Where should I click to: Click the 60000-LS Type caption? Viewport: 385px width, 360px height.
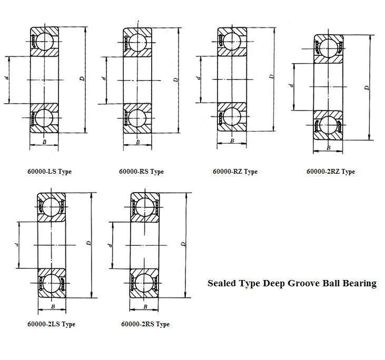click(50, 172)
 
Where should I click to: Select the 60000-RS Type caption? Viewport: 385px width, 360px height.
click(141, 172)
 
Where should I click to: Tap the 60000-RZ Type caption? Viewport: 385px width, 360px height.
click(235, 172)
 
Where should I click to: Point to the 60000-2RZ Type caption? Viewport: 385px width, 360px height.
click(331, 172)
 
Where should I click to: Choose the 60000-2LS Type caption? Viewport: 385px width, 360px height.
click(51, 324)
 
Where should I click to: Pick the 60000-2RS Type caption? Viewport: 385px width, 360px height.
click(145, 324)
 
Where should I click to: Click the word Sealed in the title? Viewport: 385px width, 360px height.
click(222, 283)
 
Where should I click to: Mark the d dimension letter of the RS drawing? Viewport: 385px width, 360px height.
click(104, 78)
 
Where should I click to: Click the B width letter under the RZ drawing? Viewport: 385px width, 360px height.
click(232, 141)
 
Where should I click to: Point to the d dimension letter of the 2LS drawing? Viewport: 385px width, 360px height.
click(17, 244)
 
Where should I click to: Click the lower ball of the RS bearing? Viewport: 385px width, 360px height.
click(138, 117)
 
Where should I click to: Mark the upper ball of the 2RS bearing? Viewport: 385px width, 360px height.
click(145, 206)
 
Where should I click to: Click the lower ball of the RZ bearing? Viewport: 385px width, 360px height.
click(232, 116)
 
